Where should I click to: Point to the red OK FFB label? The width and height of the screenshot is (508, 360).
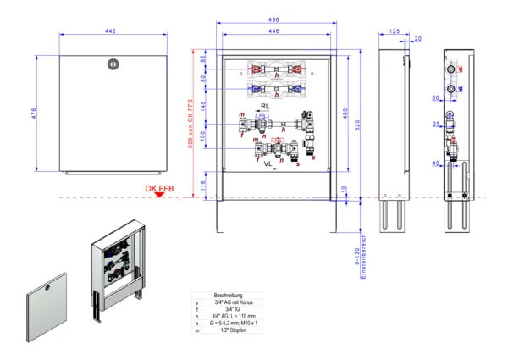pyautogui.click(x=160, y=188)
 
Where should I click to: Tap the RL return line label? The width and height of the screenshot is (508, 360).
pyautogui.click(x=264, y=108)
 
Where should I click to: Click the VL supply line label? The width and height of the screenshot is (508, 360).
pyautogui.click(x=268, y=162)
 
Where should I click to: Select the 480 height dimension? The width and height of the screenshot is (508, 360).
pyautogui.click(x=345, y=114)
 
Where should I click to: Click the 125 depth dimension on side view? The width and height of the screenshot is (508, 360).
pyautogui.click(x=394, y=31)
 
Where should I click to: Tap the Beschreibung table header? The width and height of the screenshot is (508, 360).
pyautogui.click(x=229, y=295)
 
